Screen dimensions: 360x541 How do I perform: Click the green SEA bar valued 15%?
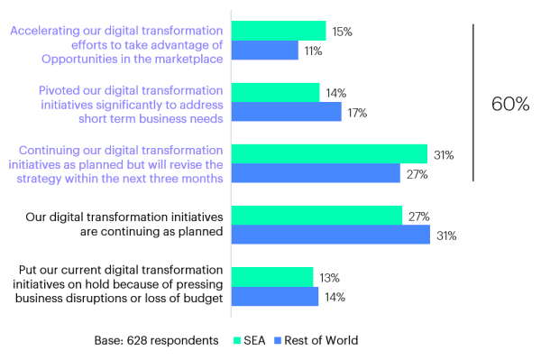click(x=279, y=31)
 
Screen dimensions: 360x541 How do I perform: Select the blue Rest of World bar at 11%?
click(x=265, y=51)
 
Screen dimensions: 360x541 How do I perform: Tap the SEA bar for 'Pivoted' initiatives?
click(x=276, y=92)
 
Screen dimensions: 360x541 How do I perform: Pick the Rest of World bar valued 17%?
click(x=287, y=112)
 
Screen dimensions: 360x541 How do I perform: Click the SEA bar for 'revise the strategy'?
click(x=329, y=153)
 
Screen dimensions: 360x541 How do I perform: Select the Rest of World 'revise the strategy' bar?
click(x=316, y=173)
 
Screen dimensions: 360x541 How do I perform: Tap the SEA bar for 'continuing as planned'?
click(x=316, y=216)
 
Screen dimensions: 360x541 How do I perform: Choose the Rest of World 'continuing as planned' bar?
click(x=331, y=235)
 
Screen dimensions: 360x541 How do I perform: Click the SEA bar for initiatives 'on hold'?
click(x=272, y=277)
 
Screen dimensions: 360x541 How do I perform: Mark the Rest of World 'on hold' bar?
click(x=275, y=297)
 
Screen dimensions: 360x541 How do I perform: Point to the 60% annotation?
click(x=509, y=104)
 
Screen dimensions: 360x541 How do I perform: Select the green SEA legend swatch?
click(x=239, y=340)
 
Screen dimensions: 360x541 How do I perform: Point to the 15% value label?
click(x=342, y=32)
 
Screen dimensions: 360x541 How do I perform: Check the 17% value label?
click(x=358, y=112)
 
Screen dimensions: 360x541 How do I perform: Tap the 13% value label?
click(x=329, y=277)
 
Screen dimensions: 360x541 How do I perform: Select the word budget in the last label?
click(x=203, y=300)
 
